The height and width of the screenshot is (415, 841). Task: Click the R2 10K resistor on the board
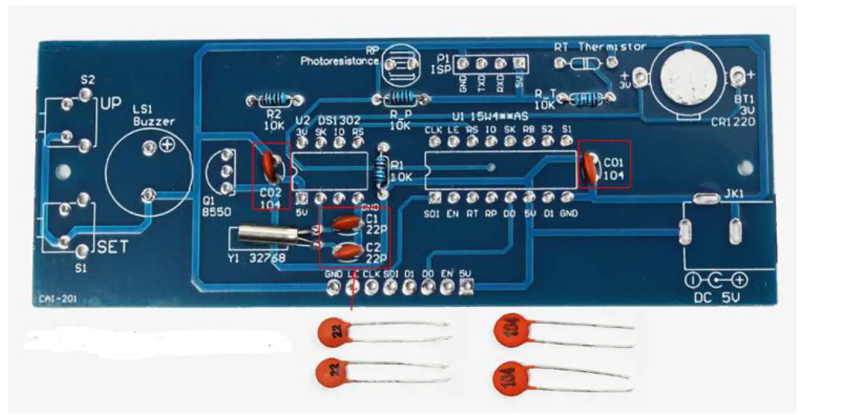(274, 99)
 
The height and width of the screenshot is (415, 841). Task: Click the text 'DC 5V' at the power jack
(717, 299)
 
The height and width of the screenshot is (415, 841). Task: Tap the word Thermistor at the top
(612, 47)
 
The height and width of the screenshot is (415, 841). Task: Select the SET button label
(113, 247)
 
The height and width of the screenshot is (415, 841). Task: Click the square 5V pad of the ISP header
(520, 63)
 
